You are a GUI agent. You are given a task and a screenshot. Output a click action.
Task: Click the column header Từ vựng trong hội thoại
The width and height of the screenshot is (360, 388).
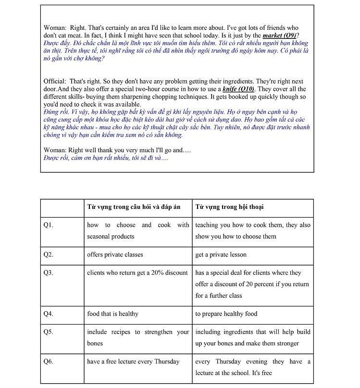coord(229,207)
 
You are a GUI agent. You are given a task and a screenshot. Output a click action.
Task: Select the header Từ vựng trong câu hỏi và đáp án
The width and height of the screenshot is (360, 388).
coord(134,207)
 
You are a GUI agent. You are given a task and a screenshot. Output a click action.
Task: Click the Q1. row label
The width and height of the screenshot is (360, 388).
coord(48,225)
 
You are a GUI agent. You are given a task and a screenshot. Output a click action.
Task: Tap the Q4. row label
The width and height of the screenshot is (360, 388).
coord(48,314)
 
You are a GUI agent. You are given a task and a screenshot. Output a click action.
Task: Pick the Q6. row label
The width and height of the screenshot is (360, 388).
coord(48,362)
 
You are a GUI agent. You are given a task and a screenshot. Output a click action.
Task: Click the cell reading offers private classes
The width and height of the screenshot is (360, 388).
coord(115,255)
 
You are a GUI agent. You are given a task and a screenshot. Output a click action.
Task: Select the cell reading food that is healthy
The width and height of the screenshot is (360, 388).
coord(112,314)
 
